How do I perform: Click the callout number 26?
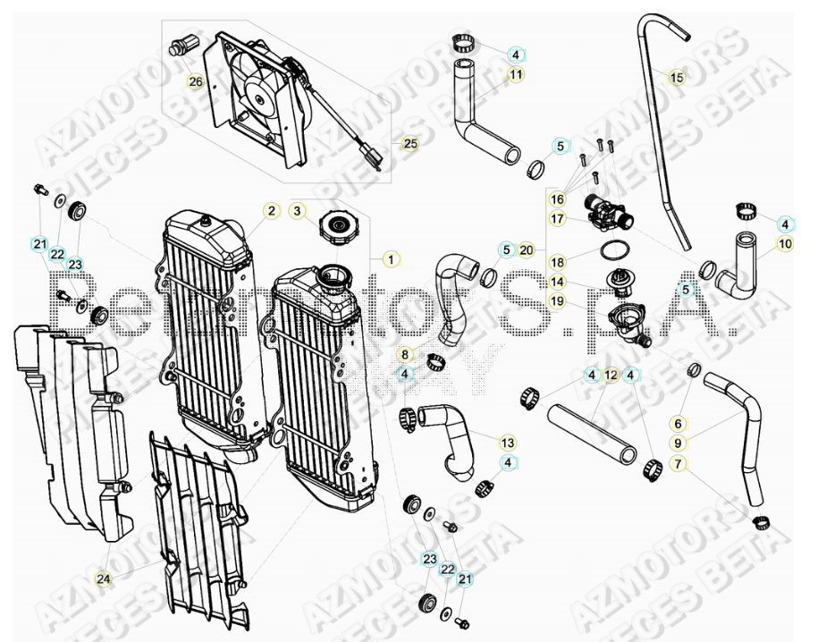coord(196,82)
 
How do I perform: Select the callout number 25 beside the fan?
coord(409,143)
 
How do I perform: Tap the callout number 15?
coord(677,78)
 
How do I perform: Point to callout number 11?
coord(516,75)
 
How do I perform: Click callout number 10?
coord(785,243)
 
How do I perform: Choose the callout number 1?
coord(390,259)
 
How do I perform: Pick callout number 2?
coord(270,211)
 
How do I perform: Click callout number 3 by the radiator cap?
coord(299,211)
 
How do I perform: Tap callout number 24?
coord(104,579)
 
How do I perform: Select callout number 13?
coord(507,443)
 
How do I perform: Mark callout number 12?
coord(611,375)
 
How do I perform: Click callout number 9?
coord(678,443)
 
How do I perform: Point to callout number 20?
coord(527,249)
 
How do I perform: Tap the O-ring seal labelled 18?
coord(611,248)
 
